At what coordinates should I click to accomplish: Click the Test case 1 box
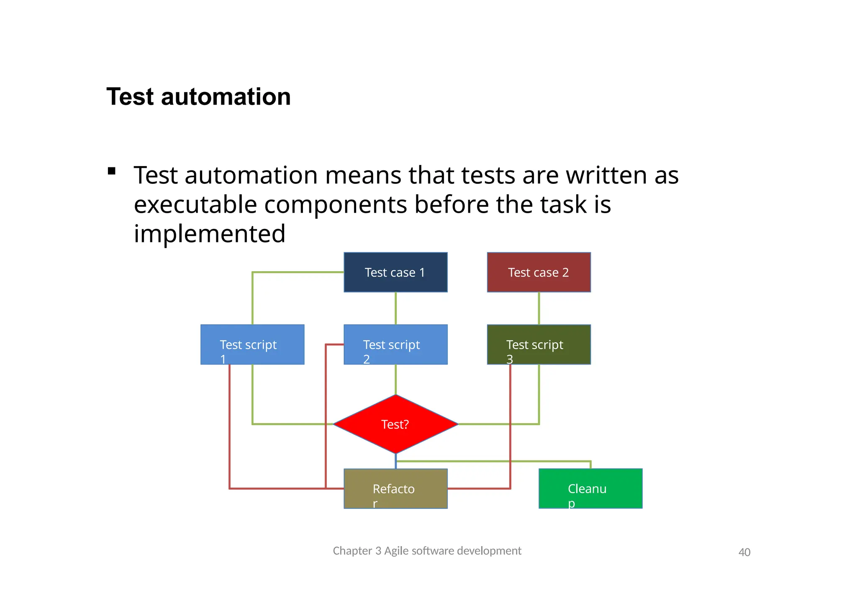pyautogui.click(x=395, y=272)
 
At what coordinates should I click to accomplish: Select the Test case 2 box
pyautogui.click(x=539, y=272)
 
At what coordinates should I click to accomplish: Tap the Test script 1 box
pyautogui.click(x=252, y=344)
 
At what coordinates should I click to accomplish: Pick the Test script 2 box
pyautogui.click(x=395, y=344)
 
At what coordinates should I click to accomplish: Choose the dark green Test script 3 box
pyautogui.click(x=539, y=344)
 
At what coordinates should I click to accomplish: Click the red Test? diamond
pyautogui.click(x=395, y=424)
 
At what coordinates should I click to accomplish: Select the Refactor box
pyautogui.click(x=395, y=488)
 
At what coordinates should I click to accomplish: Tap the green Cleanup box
pyautogui.click(x=590, y=488)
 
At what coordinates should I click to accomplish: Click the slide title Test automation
pyautogui.click(x=198, y=97)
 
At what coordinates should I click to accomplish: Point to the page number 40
pyautogui.click(x=744, y=552)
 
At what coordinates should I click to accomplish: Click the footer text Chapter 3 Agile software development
pyautogui.click(x=427, y=551)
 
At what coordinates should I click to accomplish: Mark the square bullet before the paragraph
pyautogui.click(x=111, y=171)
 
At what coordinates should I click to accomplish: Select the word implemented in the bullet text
pyautogui.click(x=209, y=234)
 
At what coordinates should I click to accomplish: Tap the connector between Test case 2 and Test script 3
pyautogui.click(x=539, y=308)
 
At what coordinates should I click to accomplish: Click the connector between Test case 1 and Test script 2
pyautogui.click(x=395, y=308)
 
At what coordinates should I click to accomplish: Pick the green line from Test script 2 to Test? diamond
pyautogui.click(x=395, y=379)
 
